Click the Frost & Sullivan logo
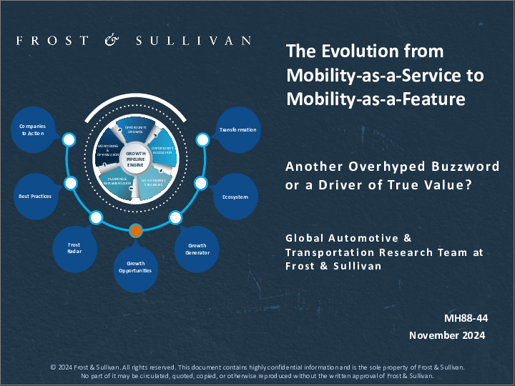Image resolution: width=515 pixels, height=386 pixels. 134,40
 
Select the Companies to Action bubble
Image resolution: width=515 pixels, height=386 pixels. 31,129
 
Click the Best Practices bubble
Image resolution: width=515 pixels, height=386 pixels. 34,195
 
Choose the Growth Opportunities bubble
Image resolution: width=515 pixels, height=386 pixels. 135,267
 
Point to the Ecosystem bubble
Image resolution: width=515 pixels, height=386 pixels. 235,195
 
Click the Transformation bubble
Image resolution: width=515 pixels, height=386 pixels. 237,129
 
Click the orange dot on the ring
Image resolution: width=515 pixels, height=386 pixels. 136,230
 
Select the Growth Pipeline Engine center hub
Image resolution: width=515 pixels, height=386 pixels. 135,159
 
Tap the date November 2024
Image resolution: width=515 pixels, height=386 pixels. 447,335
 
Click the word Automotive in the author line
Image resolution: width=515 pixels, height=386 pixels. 367,238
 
